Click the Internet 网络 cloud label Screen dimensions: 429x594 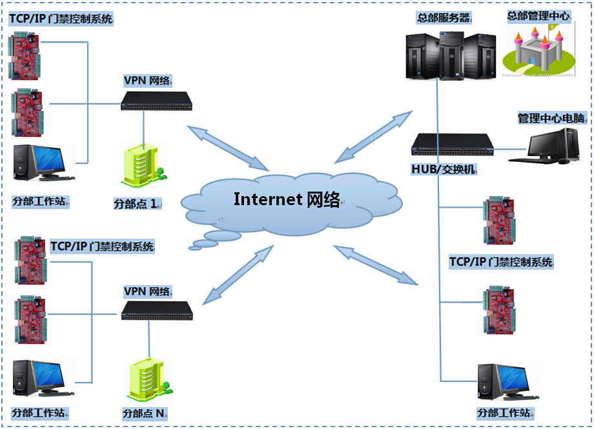pyautogui.click(x=287, y=199)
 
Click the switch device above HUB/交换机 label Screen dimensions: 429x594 pyautogui.click(x=453, y=145)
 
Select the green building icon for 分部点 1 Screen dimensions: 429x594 pyautogui.click(x=140, y=165)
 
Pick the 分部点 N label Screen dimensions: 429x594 pyautogui.click(x=145, y=413)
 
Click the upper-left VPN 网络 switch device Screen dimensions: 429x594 pyautogui.click(x=156, y=100)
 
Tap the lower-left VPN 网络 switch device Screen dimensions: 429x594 pyautogui.click(x=157, y=311)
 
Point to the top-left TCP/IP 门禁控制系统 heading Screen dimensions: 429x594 pyautogui.click(x=61, y=19)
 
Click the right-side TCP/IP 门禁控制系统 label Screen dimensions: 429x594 pyautogui.click(x=501, y=262)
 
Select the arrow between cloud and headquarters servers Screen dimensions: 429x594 pyautogui.click(x=373, y=136)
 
